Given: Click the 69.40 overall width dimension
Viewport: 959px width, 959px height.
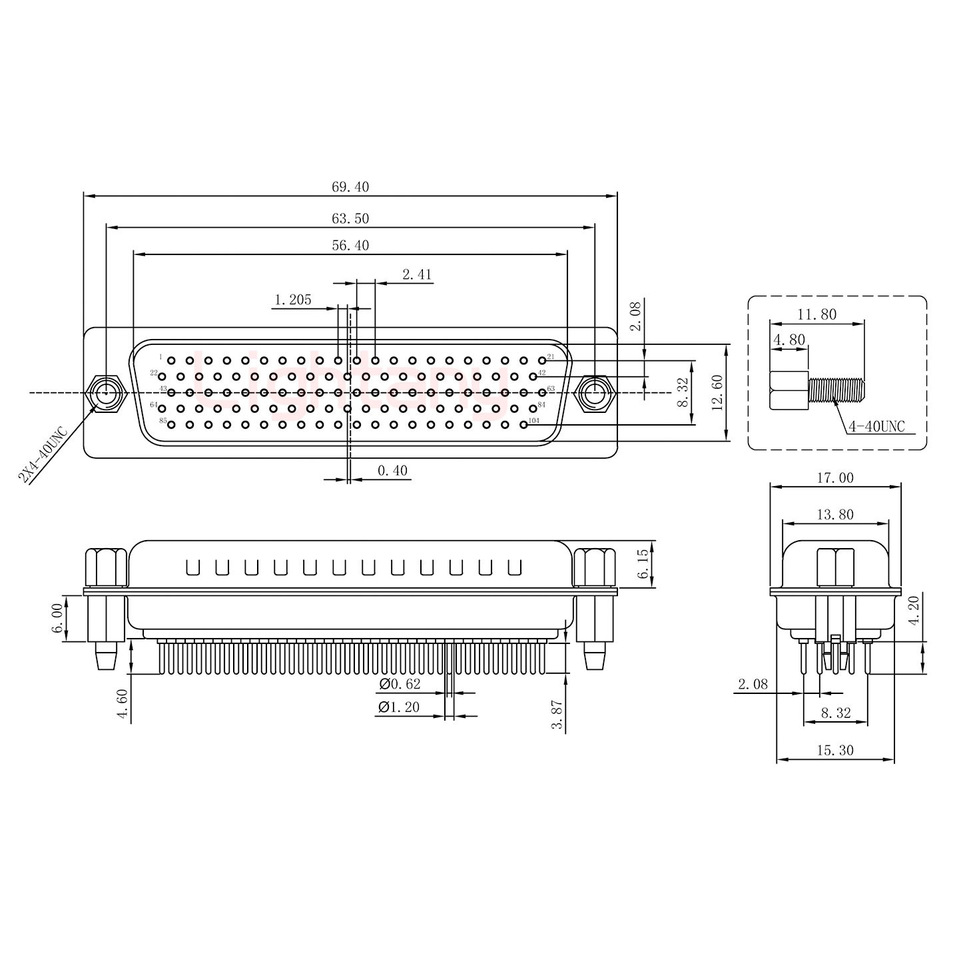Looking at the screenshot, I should [x=350, y=187].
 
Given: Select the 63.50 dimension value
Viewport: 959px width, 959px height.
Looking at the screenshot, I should [x=350, y=218].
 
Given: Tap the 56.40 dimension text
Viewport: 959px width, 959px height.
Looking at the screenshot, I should [x=350, y=246].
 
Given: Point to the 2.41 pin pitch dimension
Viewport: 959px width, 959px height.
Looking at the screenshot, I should [x=417, y=274].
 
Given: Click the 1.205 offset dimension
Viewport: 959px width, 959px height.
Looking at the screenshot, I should [x=292, y=300].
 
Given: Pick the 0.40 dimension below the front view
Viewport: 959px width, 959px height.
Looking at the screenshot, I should [x=392, y=472].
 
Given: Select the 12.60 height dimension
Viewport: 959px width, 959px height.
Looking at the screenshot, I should [x=717, y=393].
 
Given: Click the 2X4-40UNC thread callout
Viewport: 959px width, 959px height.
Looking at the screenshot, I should [x=43, y=456].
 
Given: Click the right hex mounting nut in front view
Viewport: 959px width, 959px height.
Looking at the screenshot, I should [x=594, y=394].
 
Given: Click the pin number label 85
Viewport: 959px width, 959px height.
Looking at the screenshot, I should [x=162, y=421].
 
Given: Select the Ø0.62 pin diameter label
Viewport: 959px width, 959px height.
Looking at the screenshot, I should [x=400, y=684].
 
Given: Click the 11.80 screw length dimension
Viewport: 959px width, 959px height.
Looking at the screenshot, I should [x=816, y=314].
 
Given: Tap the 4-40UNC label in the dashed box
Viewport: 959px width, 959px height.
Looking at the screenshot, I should [x=876, y=427].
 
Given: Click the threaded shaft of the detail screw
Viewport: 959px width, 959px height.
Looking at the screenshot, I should [x=836, y=389].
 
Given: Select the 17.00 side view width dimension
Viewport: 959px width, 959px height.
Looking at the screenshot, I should [x=834, y=478].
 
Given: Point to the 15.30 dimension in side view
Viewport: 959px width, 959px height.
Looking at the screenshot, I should [x=834, y=751].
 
